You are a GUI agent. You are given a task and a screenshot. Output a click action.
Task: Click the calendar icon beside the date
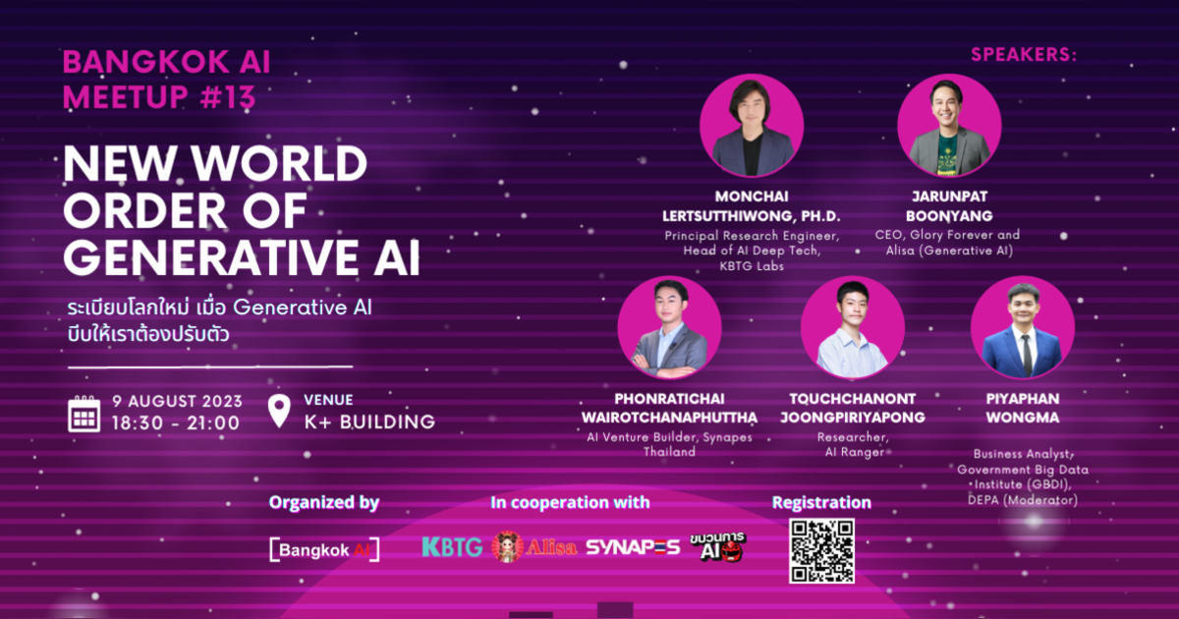(84, 414)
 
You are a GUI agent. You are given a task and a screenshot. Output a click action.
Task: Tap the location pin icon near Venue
(279, 411)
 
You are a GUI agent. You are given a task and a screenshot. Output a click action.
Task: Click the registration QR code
(820, 550)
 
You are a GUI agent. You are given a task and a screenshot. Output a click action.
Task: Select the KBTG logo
(452, 547)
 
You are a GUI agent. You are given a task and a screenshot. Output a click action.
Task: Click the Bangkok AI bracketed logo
(324, 549)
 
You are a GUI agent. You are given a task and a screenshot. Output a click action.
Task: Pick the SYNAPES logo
(633, 547)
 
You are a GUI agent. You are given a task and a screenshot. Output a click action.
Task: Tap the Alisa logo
(534, 547)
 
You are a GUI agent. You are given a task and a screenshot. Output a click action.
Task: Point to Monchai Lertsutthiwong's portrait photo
(752, 126)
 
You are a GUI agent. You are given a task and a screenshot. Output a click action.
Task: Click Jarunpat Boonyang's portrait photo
(949, 126)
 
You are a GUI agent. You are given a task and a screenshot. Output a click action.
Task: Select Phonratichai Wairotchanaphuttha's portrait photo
(669, 328)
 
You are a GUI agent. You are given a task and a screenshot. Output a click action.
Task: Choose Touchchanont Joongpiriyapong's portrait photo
(852, 328)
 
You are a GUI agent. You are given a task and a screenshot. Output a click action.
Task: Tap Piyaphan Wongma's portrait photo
(1022, 328)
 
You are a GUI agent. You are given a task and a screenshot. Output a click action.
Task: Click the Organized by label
(324, 502)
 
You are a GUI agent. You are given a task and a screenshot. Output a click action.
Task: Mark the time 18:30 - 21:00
(176, 423)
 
